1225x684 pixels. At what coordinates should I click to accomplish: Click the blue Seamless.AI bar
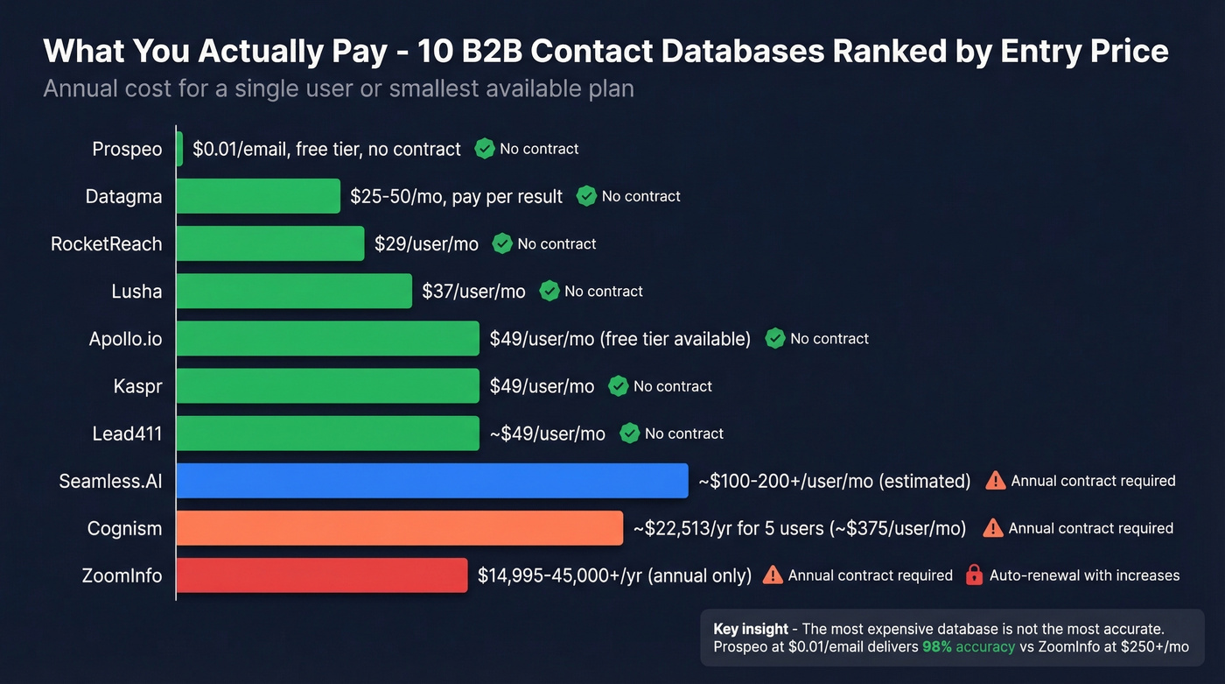click(432, 481)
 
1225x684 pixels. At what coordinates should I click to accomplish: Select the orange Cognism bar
click(399, 528)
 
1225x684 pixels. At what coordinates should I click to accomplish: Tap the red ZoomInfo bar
click(322, 575)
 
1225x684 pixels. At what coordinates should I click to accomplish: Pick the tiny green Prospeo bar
click(179, 149)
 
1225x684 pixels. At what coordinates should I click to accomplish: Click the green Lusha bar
click(294, 291)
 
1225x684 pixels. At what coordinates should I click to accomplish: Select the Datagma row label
click(123, 196)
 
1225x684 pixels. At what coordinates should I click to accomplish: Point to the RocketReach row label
click(106, 243)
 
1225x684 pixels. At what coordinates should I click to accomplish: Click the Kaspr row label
click(137, 386)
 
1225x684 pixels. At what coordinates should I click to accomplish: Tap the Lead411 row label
click(127, 434)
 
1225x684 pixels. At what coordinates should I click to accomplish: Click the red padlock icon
click(974, 575)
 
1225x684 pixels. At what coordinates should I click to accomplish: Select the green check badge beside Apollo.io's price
click(774, 338)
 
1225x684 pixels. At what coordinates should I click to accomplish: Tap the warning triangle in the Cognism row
click(993, 528)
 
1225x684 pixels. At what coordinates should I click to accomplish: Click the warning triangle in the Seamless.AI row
click(996, 481)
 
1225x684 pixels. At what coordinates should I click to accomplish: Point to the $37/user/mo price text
click(473, 292)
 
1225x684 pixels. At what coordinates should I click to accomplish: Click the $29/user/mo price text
click(426, 244)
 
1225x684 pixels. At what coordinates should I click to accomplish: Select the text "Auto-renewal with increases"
click(1084, 575)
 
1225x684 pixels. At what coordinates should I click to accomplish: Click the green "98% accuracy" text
click(969, 647)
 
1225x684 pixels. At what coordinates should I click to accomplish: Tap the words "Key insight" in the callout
click(751, 630)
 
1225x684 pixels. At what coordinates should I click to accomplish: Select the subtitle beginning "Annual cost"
click(338, 88)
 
